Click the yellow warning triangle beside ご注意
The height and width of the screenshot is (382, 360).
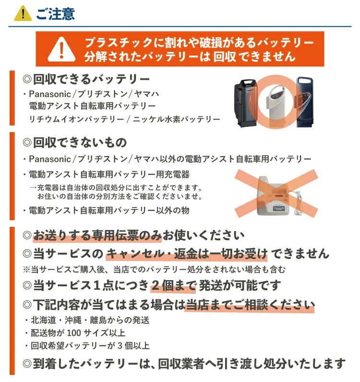23,13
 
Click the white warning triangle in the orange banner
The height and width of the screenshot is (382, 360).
61,49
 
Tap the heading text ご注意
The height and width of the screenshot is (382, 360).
56,13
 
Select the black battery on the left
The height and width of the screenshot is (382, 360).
245,103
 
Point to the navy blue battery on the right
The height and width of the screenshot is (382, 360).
305,102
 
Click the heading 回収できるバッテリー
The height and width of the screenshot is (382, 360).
91,79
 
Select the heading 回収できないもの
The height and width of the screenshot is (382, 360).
80,143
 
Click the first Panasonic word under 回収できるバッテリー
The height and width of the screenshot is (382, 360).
50,94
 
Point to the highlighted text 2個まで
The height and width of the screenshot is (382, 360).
174,285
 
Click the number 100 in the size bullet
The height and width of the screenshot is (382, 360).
73,333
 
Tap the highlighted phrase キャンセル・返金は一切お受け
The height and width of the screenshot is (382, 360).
187,254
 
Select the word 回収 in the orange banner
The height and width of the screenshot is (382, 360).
225,57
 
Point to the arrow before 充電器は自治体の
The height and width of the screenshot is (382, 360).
33,187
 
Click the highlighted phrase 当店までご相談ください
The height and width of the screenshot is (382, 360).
250,305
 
